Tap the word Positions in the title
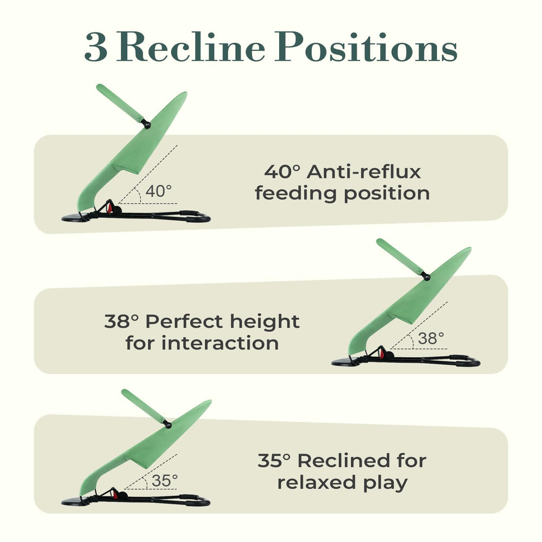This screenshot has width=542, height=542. point(366,47)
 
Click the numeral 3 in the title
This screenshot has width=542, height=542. point(96,47)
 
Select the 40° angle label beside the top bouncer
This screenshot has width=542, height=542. point(159,191)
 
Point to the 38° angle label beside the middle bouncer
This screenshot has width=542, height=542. point(431,338)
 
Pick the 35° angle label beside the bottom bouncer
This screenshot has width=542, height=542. point(165,480)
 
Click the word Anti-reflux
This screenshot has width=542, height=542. point(364,171)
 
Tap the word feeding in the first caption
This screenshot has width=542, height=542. point(295,193)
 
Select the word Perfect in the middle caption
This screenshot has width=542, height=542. point(184,321)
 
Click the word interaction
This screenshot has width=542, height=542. point(220,343)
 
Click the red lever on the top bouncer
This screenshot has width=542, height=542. point(110,208)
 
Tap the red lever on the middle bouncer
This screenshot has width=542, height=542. point(382,353)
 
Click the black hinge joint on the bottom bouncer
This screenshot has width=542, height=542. point(168,425)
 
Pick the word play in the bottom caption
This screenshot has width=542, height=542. point(385,483)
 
